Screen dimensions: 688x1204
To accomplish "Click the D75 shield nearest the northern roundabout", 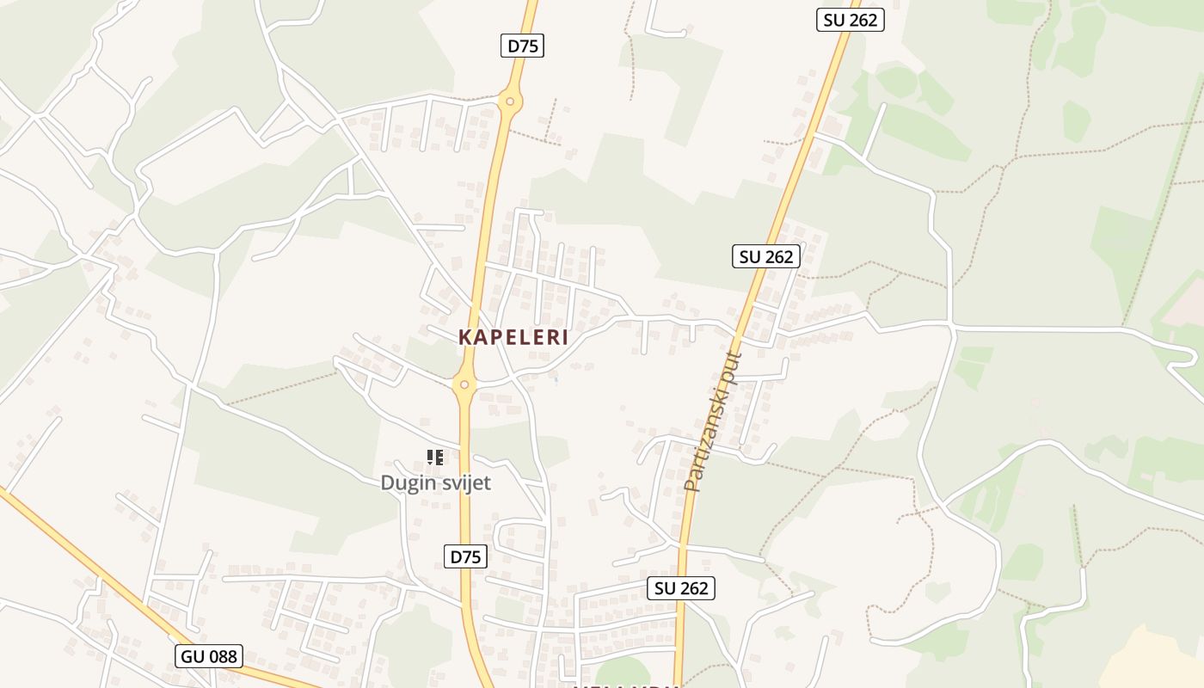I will (x=522, y=46).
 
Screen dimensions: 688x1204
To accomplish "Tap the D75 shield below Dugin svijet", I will (x=466, y=556).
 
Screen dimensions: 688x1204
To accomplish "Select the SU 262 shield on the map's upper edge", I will (x=850, y=20).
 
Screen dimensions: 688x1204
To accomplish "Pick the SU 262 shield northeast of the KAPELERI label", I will (x=766, y=255).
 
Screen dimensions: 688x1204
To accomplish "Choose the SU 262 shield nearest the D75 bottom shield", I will (x=681, y=588).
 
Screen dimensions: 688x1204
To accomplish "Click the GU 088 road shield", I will (x=208, y=656).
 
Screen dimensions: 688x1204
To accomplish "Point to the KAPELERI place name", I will (x=513, y=337).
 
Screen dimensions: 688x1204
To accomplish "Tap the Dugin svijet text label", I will (x=435, y=482).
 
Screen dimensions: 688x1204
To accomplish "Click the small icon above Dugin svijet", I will (x=435, y=457).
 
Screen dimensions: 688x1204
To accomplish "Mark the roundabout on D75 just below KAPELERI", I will (x=464, y=384).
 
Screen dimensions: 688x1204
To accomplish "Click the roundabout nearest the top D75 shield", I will (x=510, y=101).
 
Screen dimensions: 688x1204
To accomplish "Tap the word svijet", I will (x=464, y=482).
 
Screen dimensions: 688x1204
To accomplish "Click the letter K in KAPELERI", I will (x=465, y=337).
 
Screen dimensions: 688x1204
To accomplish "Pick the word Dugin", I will (x=407, y=483).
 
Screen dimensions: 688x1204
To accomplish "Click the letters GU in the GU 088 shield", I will (x=193, y=656).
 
